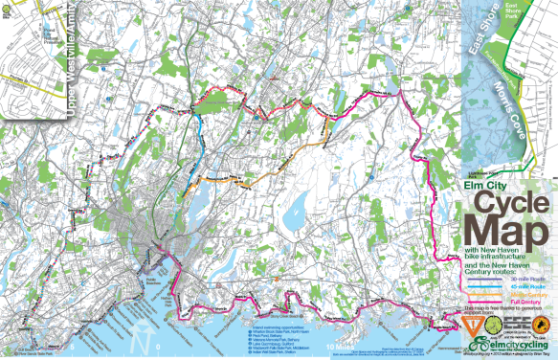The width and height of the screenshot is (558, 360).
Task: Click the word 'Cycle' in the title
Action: click(x=507, y=205)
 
